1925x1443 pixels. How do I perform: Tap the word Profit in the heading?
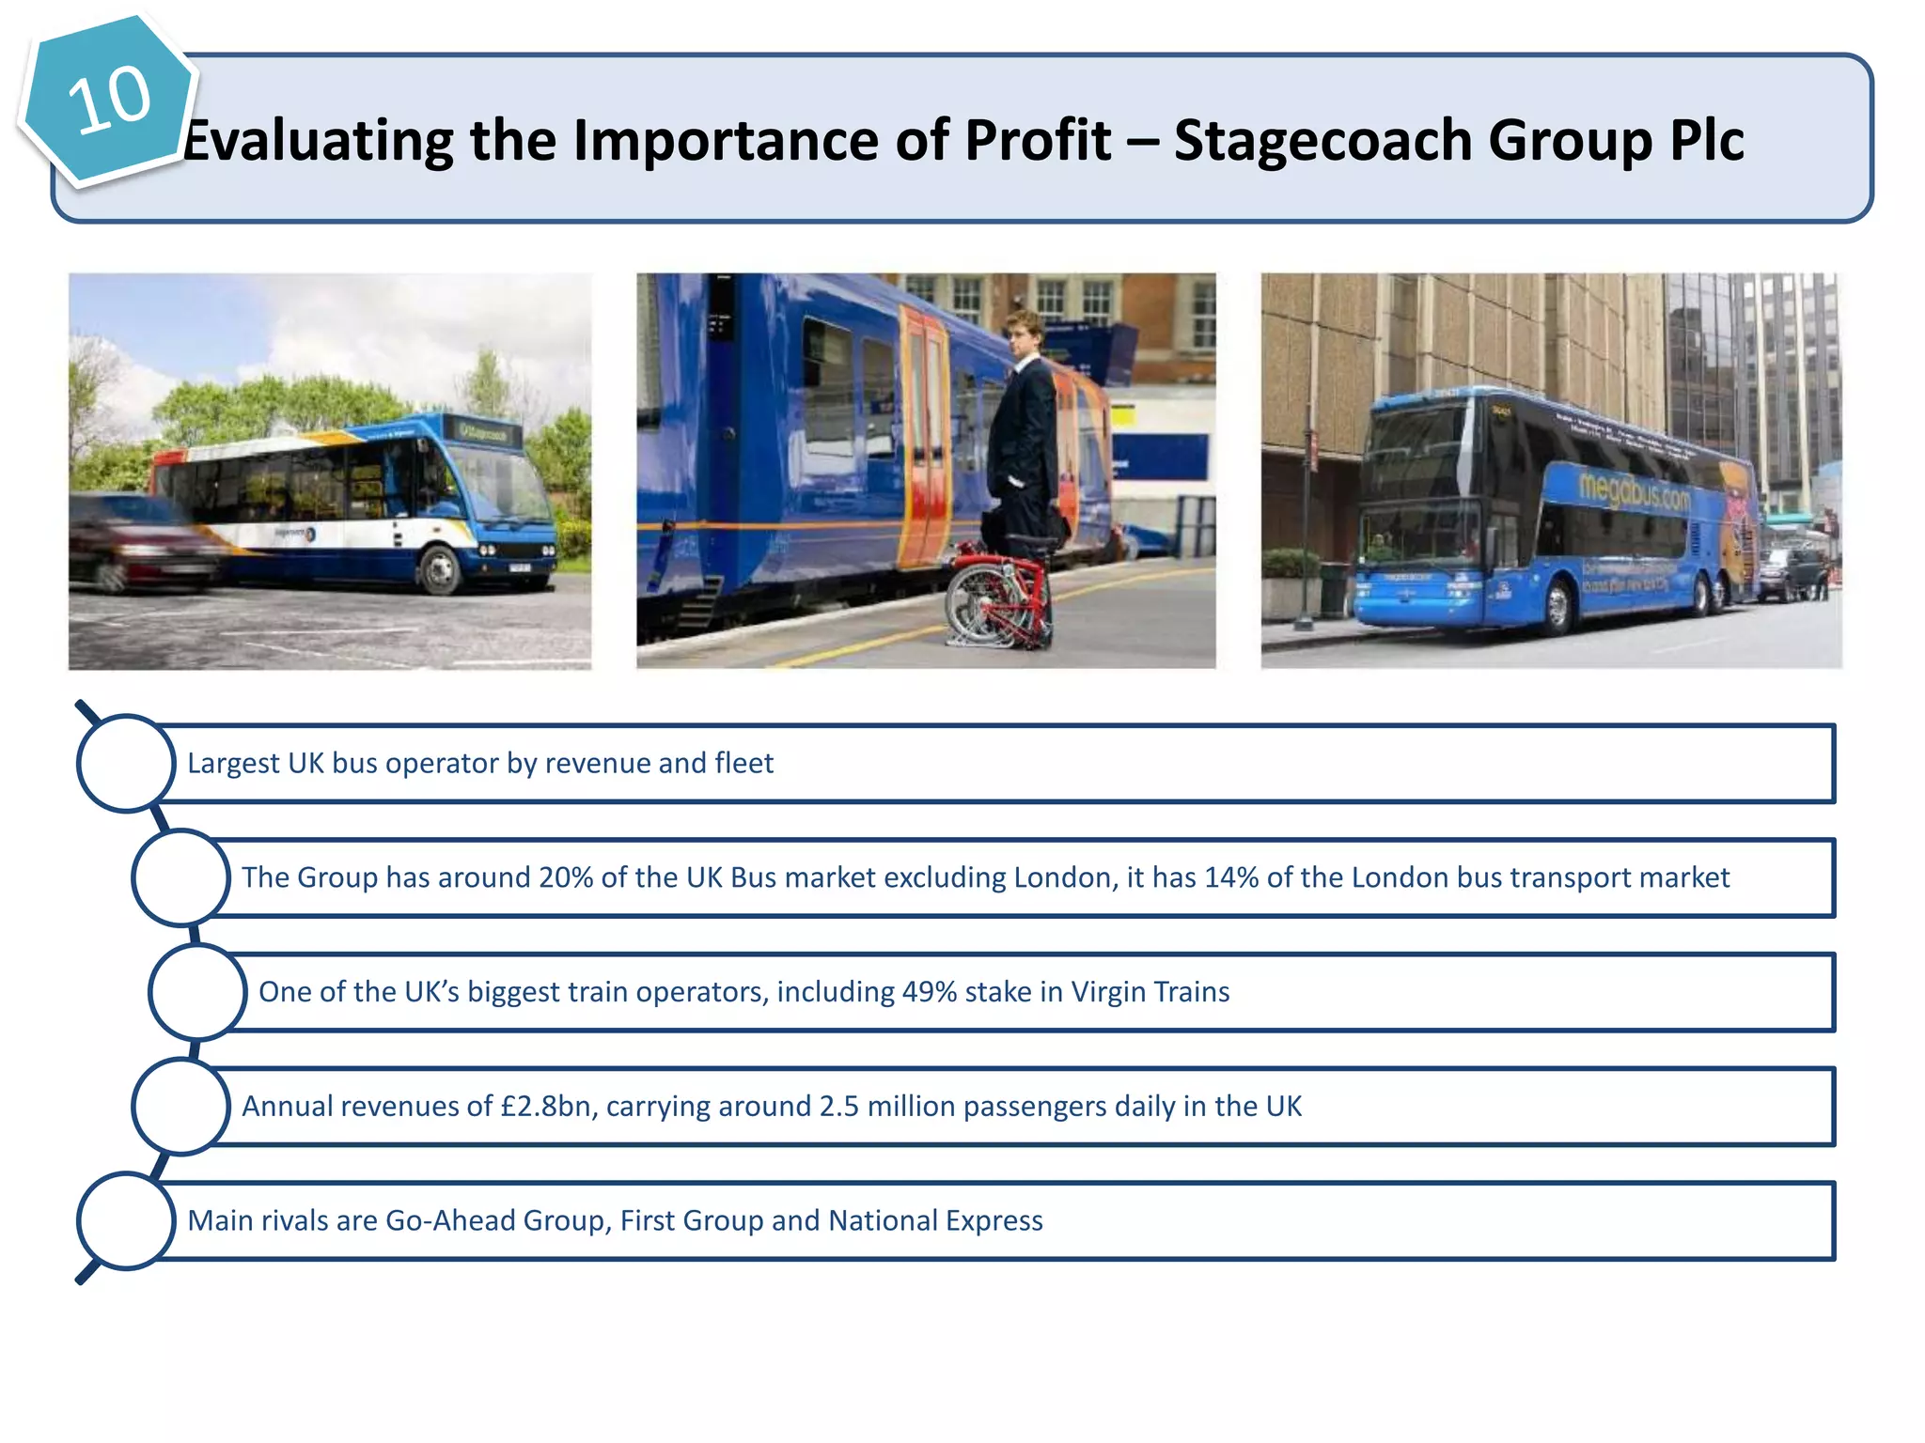pyautogui.click(x=1038, y=141)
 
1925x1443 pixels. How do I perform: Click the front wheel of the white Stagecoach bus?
pyautogui.click(x=438, y=567)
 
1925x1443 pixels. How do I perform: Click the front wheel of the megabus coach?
pyautogui.click(x=1556, y=607)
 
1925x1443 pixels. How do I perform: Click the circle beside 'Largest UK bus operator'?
pyautogui.click(x=126, y=764)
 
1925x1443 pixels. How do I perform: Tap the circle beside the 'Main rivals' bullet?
pyautogui.click(x=126, y=1220)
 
